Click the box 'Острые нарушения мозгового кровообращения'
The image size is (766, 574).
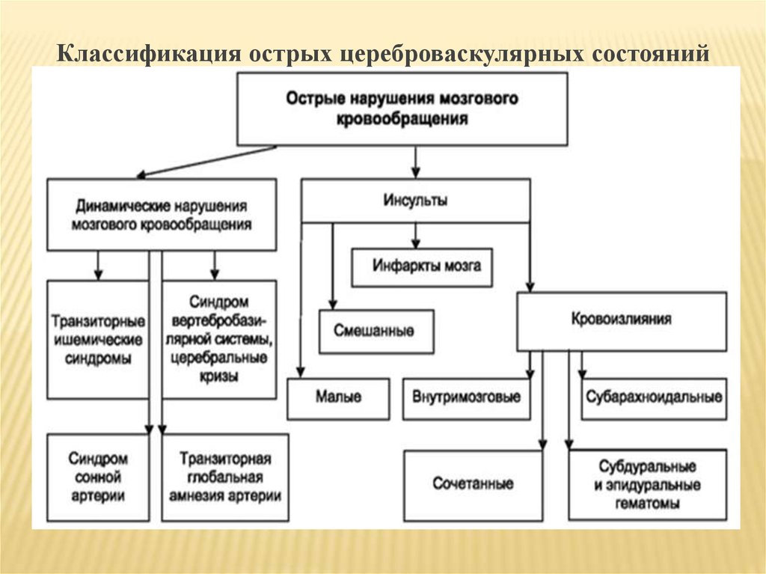coord(402,109)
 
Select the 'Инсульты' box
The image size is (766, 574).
coord(416,200)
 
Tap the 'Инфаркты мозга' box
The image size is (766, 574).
coord(422,266)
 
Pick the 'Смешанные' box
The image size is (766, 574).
coord(376,331)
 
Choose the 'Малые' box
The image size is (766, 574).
coord(338,398)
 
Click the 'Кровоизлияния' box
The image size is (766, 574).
coord(622,320)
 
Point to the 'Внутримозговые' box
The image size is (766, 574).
coord(465,397)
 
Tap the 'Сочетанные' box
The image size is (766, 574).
coord(473,483)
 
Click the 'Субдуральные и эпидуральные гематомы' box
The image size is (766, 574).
coord(647,484)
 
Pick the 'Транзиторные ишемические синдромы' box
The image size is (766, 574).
coord(97,339)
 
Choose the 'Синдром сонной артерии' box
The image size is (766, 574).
coord(97,477)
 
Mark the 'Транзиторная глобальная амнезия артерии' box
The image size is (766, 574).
coord(224,477)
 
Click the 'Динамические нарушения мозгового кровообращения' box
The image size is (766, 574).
coord(161,214)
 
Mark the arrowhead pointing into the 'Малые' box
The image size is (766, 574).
coord(300,372)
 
